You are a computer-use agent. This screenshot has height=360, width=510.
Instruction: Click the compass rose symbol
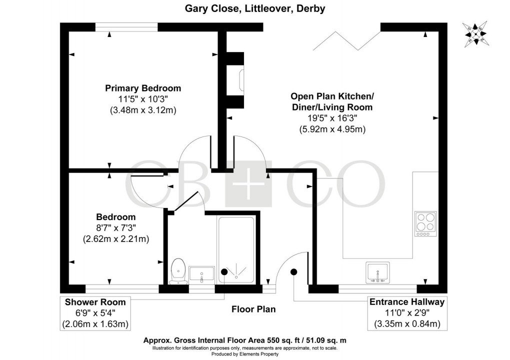475,35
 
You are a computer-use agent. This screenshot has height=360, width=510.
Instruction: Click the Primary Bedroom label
143,88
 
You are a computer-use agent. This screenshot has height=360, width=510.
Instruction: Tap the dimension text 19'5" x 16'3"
332,118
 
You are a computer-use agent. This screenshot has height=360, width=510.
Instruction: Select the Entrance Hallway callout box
406,313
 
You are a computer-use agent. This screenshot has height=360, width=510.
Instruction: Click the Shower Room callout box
95,313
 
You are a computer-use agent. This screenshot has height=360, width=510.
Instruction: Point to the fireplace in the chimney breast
242,80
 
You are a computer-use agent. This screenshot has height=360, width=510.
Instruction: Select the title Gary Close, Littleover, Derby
255,8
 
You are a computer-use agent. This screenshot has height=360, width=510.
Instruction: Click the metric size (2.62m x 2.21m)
116,239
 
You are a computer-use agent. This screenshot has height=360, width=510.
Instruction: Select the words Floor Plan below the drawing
253,309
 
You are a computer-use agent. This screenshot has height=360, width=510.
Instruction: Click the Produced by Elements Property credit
255,354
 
